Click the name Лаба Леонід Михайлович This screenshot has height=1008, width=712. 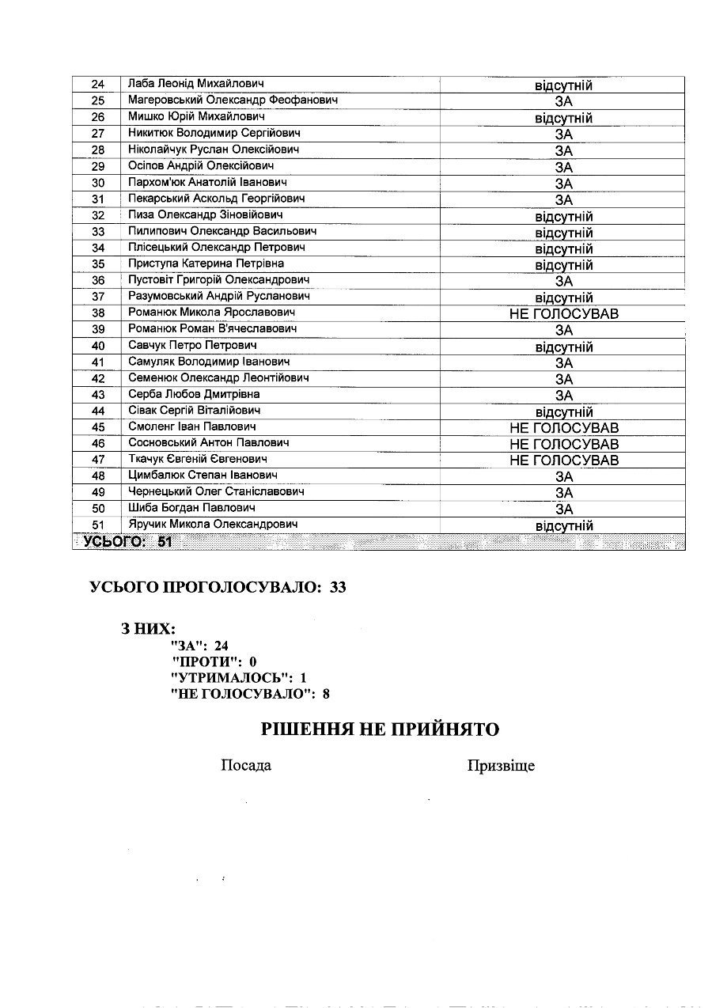[195, 84]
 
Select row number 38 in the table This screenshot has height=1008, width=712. [98, 313]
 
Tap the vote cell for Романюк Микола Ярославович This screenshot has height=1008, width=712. [563, 314]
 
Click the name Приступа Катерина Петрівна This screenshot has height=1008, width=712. [206, 263]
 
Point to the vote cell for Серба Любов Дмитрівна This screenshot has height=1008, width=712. [563, 396]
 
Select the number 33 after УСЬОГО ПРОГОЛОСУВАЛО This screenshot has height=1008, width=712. [338, 587]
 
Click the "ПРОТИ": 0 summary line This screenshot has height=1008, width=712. [214, 661]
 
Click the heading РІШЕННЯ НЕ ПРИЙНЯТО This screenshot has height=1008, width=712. [380, 729]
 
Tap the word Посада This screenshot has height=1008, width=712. [245, 766]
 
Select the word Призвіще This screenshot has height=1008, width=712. [501, 766]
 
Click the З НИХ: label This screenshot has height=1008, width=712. [148, 629]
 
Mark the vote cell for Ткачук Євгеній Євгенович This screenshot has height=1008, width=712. [563, 460]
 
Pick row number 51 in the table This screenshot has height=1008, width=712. [98, 525]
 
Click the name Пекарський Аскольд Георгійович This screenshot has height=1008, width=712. [216, 199]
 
